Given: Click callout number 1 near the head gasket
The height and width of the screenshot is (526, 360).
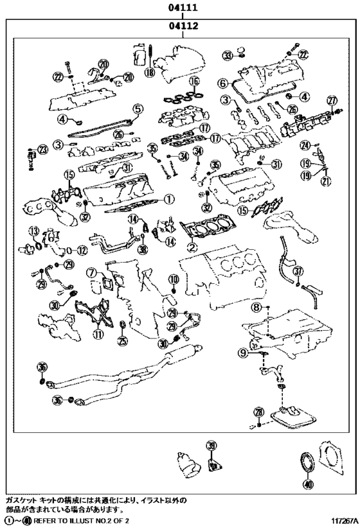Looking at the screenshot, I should (168, 199).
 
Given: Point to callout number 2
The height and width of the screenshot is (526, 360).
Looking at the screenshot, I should (192, 245).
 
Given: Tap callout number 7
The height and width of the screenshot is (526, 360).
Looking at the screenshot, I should (93, 272).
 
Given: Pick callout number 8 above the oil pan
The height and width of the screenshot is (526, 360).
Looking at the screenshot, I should (256, 308).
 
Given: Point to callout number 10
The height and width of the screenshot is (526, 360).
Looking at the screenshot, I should (174, 277).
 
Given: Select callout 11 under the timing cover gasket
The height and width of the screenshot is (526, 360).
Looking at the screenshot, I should (98, 333).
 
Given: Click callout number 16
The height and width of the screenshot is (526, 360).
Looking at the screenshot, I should (194, 82).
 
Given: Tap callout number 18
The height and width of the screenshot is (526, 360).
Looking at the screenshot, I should (150, 73).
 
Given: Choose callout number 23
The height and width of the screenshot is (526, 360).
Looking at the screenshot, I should (43, 149).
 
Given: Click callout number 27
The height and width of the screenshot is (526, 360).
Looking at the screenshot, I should (332, 100).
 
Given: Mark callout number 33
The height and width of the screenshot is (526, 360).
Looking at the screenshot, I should (227, 56).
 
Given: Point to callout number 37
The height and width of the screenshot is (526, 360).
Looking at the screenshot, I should (298, 272).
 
